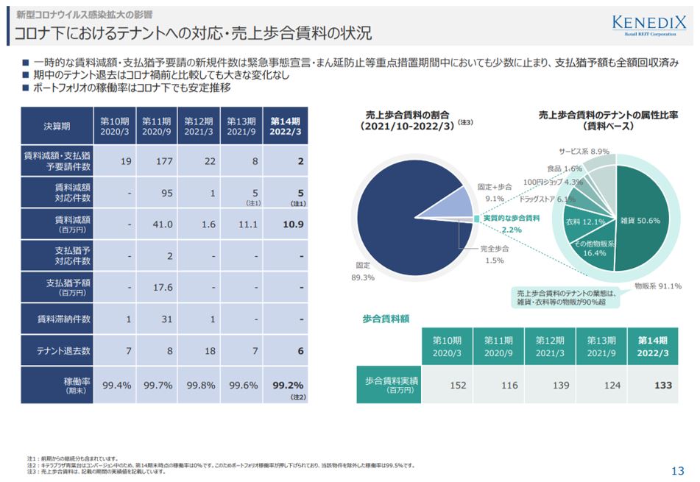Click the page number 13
pyautogui.click(x=678, y=471)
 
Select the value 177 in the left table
pyautogui.click(x=157, y=162)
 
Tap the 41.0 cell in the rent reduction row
pyautogui.click(x=157, y=224)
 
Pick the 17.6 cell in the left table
pyautogui.click(x=157, y=288)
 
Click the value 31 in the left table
pyautogui.click(x=157, y=319)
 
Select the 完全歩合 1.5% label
pyautogui.click(x=494, y=255)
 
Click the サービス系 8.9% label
pyautogui.click(x=584, y=151)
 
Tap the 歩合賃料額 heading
pyautogui.click(x=386, y=319)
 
